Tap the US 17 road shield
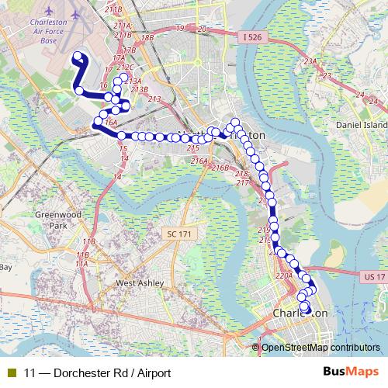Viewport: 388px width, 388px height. (373, 276)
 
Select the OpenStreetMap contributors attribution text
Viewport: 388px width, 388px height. (321, 348)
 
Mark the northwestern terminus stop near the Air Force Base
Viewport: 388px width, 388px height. (78, 54)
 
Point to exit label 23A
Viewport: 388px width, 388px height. (311, 62)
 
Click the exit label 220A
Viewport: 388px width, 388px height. (283, 275)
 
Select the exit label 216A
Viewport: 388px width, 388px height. (199, 161)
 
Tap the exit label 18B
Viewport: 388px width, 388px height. (147, 37)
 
